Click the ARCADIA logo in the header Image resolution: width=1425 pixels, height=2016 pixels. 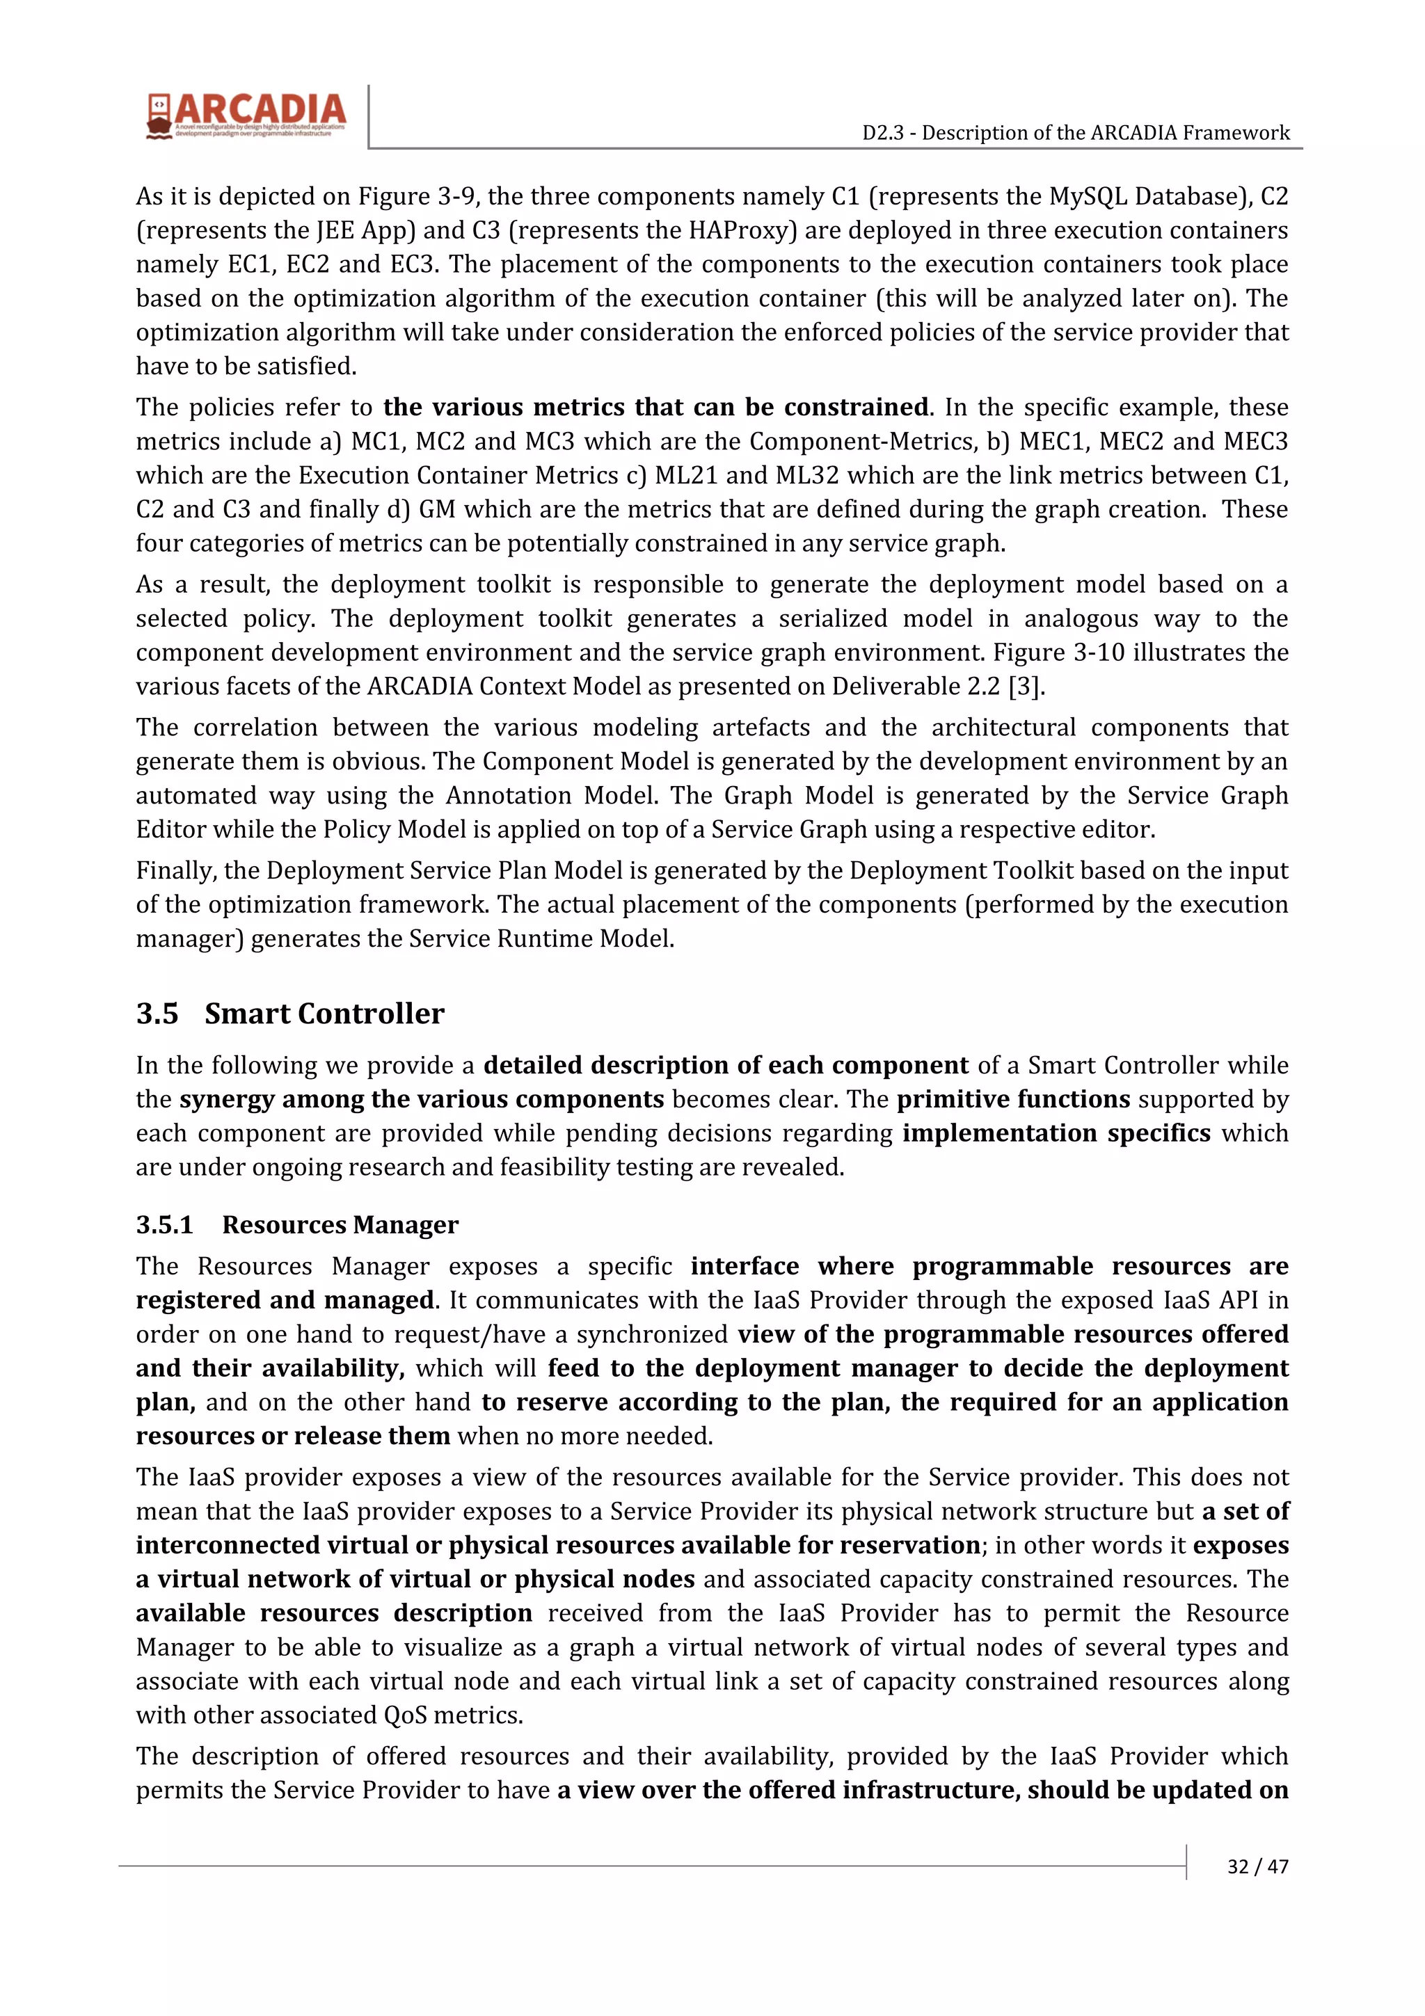point(246,115)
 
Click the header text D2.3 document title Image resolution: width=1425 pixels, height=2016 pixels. point(1076,133)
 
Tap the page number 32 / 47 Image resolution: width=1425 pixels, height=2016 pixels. point(1257,1866)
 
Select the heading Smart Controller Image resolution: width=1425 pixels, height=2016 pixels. point(324,1014)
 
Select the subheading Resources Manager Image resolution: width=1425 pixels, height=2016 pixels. point(340,1225)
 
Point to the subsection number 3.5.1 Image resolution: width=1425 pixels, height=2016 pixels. point(164,1225)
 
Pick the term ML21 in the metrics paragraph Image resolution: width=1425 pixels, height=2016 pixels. point(685,475)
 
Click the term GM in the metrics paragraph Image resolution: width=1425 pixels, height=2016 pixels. point(437,509)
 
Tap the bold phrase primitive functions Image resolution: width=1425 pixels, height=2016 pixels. point(1013,1099)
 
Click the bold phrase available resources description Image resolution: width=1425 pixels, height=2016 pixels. point(334,1613)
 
